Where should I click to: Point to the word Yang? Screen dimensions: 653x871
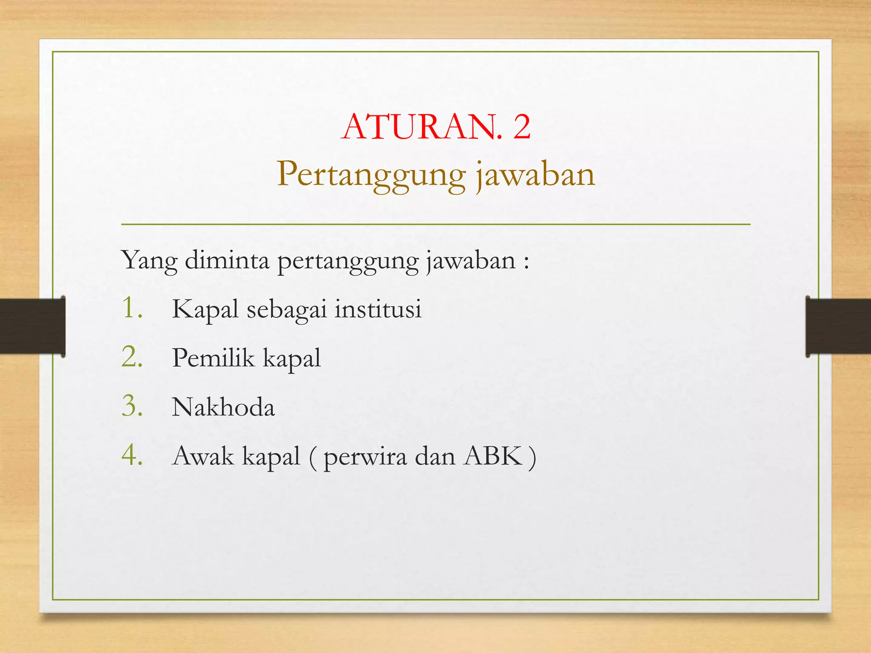(x=149, y=261)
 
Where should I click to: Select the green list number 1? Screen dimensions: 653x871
(x=130, y=308)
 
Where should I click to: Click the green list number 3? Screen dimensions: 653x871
(x=131, y=406)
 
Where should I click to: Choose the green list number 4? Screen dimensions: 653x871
(x=131, y=455)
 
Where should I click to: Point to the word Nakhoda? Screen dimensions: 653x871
(x=223, y=407)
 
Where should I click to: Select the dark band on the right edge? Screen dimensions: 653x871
(x=838, y=326)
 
